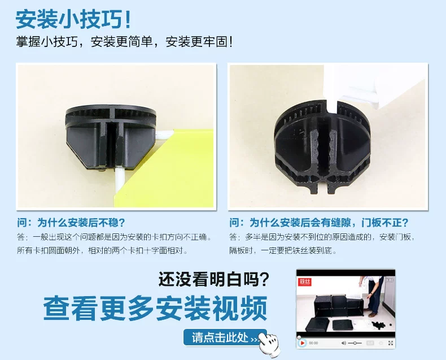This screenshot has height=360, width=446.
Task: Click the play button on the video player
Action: coord(302,343)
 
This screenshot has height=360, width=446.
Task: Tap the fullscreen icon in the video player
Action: coord(391,343)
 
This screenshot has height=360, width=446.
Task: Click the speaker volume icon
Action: coord(344,343)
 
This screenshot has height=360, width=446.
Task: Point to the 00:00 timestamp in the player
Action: coord(313,343)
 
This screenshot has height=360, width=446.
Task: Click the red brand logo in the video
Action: coord(305,282)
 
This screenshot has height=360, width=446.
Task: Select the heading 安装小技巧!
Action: coord(73,19)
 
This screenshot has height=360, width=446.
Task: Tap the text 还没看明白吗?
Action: coord(213,279)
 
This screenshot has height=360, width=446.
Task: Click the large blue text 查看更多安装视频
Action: coord(155,309)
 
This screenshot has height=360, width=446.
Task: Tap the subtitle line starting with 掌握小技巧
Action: coord(124,42)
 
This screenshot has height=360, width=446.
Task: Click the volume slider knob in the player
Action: coord(355,343)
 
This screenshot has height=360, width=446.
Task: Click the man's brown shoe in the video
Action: coord(373,315)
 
